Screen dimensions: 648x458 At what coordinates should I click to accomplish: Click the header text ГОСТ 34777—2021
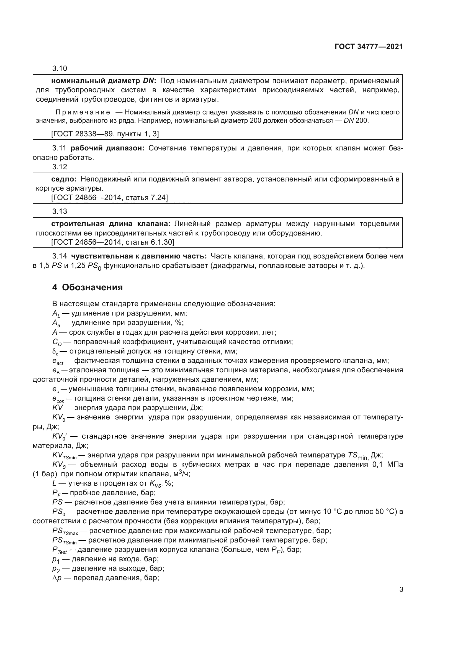point(369,47)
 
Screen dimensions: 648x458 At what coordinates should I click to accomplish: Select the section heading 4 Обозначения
point(88,287)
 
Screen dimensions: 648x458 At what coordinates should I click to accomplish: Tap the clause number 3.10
point(60,69)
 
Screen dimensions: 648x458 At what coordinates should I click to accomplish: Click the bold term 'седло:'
point(64,179)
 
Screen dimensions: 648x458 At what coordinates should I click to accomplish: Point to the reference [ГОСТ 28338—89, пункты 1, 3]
point(105,134)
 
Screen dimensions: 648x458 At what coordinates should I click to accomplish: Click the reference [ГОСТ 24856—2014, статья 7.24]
point(109,198)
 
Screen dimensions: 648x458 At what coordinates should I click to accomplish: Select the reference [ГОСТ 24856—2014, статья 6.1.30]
point(112,242)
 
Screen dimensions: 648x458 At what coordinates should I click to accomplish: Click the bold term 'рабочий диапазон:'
point(107,148)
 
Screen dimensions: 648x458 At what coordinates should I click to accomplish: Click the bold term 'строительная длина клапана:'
point(110,224)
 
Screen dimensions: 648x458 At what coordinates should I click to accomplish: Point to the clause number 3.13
point(60,211)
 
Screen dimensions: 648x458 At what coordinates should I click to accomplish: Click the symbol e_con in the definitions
point(58,399)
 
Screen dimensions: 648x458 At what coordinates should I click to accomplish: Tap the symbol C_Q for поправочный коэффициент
point(57,342)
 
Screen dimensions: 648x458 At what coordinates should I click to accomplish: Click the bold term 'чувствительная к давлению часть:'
point(139,256)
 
